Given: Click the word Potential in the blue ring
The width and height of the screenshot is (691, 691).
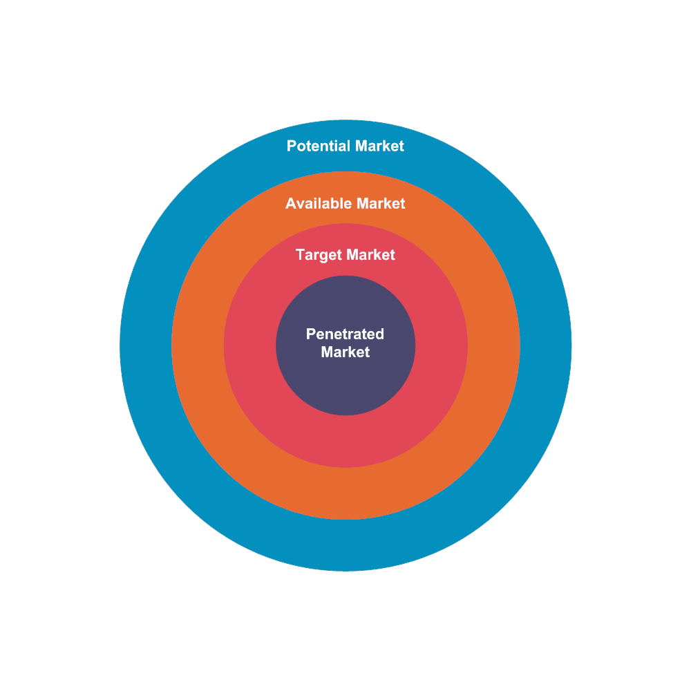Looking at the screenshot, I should pyautogui.click(x=319, y=146).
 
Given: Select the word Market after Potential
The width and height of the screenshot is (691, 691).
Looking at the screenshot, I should pyautogui.click(x=379, y=146).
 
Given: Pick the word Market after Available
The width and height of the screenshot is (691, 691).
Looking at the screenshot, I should pyautogui.click(x=381, y=204).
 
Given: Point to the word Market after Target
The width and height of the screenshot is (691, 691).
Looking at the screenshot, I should pyautogui.click(x=371, y=255).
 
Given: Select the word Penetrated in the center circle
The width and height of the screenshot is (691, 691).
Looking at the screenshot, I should pyautogui.click(x=345, y=334).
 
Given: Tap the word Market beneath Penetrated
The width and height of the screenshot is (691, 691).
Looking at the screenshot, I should pyautogui.click(x=345, y=352).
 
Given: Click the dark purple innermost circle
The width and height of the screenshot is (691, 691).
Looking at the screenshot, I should pyautogui.click(x=345, y=387).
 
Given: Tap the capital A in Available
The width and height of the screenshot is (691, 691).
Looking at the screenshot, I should pyautogui.click(x=291, y=204).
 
